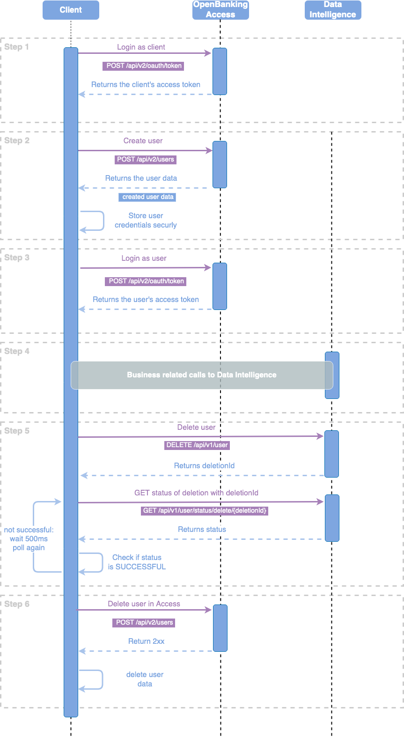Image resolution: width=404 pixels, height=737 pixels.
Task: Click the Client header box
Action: pyautogui.click(x=71, y=10)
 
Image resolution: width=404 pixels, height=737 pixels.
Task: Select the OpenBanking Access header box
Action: pyautogui.click(x=220, y=10)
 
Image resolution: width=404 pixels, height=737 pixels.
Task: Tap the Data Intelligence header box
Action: pyautogui.click(x=333, y=10)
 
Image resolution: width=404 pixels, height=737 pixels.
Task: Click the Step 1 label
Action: pyautogui.click(x=17, y=47)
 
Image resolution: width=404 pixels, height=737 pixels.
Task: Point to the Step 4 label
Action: pyautogui.click(x=17, y=351)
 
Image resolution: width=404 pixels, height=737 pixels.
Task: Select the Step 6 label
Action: pyautogui.click(x=17, y=604)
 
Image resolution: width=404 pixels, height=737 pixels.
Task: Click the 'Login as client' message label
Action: pyautogui.click(x=141, y=47)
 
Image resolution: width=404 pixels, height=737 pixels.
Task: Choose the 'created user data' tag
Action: pyautogui.click(x=148, y=197)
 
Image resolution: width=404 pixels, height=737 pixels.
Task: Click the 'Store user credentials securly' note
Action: pyautogui.click(x=146, y=221)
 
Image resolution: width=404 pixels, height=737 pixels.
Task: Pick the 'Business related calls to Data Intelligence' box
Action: pyautogui.click(x=202, y=375)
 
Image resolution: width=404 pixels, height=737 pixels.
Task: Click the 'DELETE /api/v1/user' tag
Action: pyautogui.click(x=197, y=445)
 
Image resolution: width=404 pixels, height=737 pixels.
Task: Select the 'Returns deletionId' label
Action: pyautogui.click(x=204, y=466)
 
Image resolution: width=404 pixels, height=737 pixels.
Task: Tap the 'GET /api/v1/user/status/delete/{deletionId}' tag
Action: pyautogui.click(x=205, y=510)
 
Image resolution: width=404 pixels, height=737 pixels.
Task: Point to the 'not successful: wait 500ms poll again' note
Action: pyautogui.click(x=29, y=539)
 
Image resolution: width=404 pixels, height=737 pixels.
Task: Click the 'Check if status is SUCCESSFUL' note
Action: pyautogui.click(x=137, y=562)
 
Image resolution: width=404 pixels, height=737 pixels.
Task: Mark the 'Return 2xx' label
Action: pyautogui.click(x=147, y=641)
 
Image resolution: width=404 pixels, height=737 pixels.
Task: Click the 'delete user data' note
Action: pyautogui.click(x=145, y=679)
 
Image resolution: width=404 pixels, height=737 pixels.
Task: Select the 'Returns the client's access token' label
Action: pyautogui.click(x=146, y=85)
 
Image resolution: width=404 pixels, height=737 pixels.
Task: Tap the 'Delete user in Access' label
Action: pyautogui.click(x=144, y=604)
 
